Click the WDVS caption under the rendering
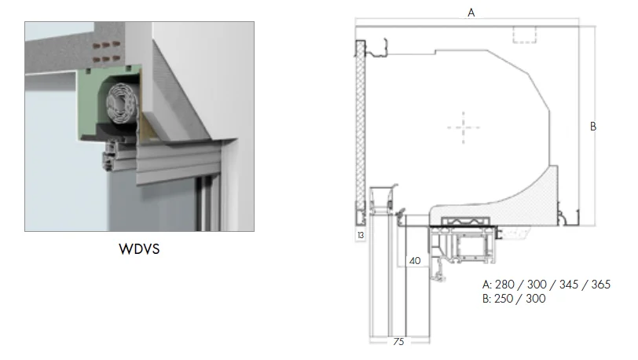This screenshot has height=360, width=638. click(x=140, y=251)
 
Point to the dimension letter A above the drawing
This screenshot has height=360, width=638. click(x=471, y=13)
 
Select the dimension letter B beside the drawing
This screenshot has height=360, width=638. click(x=593, y=126)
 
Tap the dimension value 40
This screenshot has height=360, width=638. click(x=414, y=261)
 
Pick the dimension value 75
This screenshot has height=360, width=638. click(x=399, y=342)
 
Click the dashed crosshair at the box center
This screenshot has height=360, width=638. click(x=463, y=127)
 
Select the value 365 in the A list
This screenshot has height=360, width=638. click(x=599, y=284)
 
